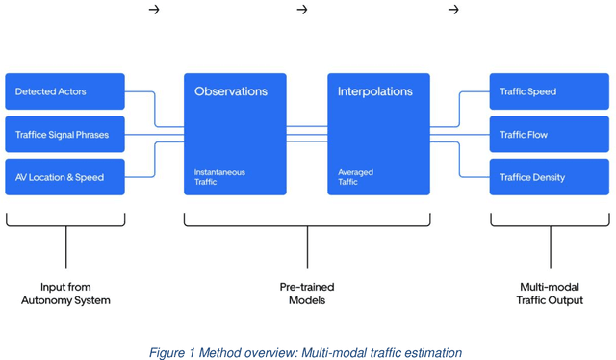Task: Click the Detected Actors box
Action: (64, 91)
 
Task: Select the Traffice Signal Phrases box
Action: (64, 135)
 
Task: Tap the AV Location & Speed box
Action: (64, 177)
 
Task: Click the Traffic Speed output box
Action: (549, 91)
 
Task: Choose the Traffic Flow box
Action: (549, 135)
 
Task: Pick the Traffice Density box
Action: (549, 177)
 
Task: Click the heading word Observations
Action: (231, 91)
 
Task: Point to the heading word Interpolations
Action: (374, 91)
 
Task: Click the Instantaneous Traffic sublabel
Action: (219, 177)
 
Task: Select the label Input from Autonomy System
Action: (65, 294)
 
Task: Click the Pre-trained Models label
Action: (307, 294)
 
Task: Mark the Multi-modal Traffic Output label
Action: (551, 294)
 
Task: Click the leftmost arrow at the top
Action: (154, 10)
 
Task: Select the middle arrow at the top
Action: (302, 10)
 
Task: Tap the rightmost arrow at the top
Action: (453, 10)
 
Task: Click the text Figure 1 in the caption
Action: (171, 353)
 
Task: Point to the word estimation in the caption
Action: (430, 353)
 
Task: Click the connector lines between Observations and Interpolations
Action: (307, 135)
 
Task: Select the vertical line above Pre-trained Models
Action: (307, 247)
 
